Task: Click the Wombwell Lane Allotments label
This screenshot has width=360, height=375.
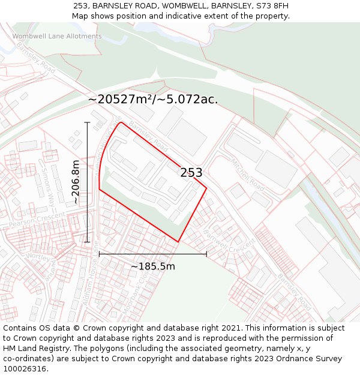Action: (x=57, y=37)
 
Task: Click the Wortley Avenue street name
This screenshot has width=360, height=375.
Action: (x=42, y=262)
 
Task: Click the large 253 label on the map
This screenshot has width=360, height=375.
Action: (x=191, y=173)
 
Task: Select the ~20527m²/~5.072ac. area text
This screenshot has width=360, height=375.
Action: (x=153, y=100)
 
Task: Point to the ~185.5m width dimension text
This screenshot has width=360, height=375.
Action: (x=153, y=266)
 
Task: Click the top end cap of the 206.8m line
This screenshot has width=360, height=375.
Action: (x=88, y=122)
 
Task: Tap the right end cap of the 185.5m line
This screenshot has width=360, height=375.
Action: (x=206, y=254)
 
